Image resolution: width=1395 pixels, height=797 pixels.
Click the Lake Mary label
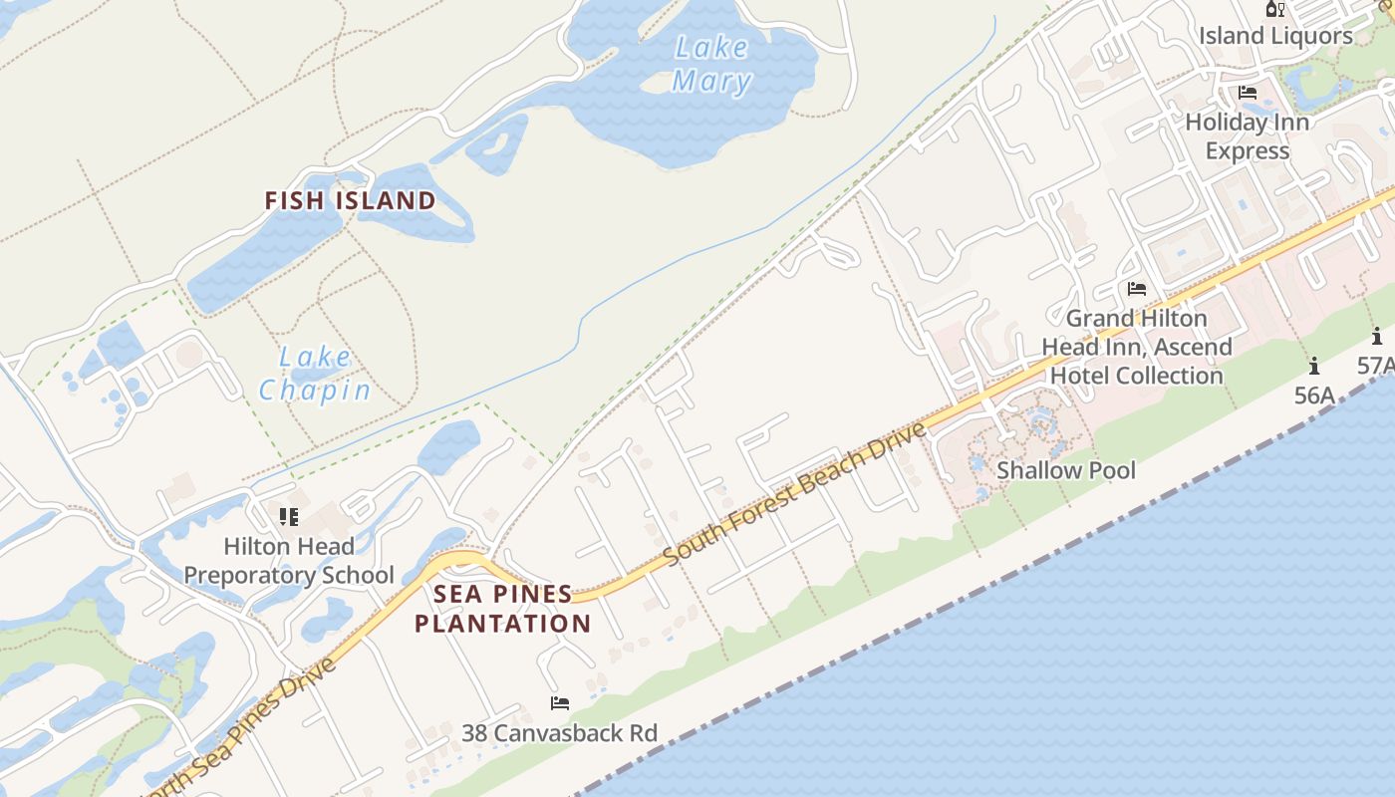(710, 64)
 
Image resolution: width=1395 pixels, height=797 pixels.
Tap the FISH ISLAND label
(350, 200)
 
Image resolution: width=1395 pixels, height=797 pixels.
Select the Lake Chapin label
(315, 374)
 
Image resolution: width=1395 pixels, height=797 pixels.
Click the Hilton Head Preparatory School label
(289, 561)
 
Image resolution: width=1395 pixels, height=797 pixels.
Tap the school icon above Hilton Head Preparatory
(289, 516)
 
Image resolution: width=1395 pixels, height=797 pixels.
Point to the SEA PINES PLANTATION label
(503, 609)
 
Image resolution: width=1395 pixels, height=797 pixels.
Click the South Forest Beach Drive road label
(795, 494)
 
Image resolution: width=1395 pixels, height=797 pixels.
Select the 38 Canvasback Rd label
(559, 733)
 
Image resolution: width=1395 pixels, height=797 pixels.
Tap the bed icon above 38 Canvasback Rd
(560, 703)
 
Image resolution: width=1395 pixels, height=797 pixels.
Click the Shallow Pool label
(1066, 470)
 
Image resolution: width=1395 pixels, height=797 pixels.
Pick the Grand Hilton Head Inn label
(1137, 347)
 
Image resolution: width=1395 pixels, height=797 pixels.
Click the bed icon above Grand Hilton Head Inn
(1136, 289)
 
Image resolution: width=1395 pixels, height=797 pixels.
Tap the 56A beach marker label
(1313, 396)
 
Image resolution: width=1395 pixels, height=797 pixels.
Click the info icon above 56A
(1314, 366)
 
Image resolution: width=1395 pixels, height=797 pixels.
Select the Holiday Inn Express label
(1247, 136)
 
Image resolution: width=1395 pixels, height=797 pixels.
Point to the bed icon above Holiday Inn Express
(1247, 93)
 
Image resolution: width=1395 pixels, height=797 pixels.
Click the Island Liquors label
(1275, 36)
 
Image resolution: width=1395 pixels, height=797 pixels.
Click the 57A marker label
(1376, 366)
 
